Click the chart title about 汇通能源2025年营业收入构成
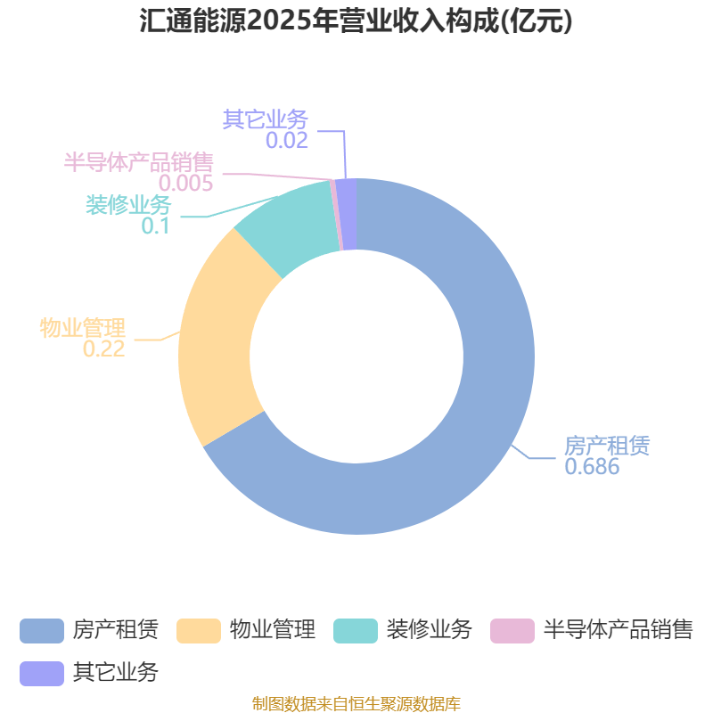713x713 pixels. pos(356,20)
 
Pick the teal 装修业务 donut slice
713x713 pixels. pos(291,227)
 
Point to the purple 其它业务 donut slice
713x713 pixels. pos(348,214)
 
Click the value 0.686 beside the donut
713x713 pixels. pos(592,466)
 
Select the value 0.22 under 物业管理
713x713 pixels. pos(103,348)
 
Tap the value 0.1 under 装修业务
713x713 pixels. pos(155,225)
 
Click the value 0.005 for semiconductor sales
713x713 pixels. pos(185,183)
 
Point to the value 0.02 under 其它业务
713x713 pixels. pos(287,140)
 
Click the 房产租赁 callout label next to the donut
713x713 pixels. pos(607,446)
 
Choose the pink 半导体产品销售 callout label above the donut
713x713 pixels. pos(139,162)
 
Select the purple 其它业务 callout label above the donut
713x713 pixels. pos(266,119)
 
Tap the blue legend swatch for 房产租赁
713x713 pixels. pos(42,631)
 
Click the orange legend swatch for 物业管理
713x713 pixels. pos(199,631)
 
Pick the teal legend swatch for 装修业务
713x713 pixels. pos(356,631)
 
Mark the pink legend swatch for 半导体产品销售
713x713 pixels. pos(512,631)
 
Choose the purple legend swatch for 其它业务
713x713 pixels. pos(42,674)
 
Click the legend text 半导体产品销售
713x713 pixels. pos(619,630)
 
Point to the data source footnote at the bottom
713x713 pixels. pos(356,703)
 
